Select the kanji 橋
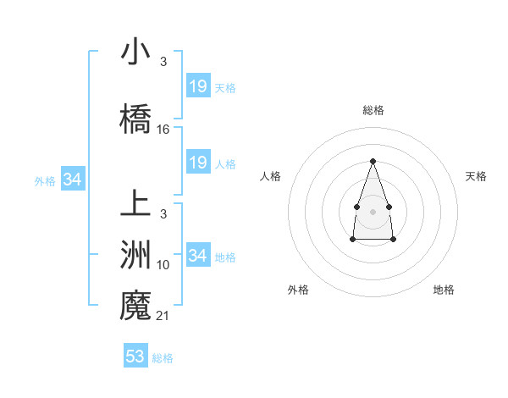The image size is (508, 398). (x=135, y=118)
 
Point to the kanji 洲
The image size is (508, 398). (x=135, y=253)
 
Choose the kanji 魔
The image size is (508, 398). (x=135, y=304)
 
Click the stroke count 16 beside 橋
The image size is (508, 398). (x=163, y=130)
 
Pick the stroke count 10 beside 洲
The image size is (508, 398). (x=163, y=265)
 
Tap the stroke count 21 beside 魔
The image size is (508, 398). (x=163, y=316)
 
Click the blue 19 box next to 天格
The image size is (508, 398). (x=198, y=86)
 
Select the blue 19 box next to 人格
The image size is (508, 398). (x=198, y=163)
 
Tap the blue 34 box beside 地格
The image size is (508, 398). (x=198, y=256)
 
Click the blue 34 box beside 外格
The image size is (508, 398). (x=72, y=180)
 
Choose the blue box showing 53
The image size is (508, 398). (x=135, y=357)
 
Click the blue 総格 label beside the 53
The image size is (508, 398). (x=163, y=358)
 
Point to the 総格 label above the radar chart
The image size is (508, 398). (x=373, y=110)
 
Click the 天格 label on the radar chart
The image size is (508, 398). (x=476, y=176)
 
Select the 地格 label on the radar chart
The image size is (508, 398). (x=444, y=290)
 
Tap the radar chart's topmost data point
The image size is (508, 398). (x=373, y=160)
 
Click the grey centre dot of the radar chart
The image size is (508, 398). (x=373, y=210)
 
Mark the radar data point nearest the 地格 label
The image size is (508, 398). (x=394, y=240)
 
